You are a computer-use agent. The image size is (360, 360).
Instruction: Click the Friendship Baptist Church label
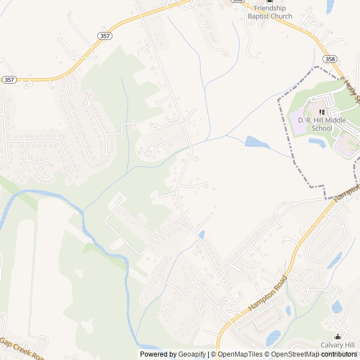tap(270, 12)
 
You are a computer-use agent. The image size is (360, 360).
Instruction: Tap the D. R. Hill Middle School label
tap(315, 124)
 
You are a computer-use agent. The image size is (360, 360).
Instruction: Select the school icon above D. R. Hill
tap(322, 112)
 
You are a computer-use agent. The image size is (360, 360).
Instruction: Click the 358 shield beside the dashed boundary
tap(330, 59)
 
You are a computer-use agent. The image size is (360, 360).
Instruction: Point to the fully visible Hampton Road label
tap(267, 294)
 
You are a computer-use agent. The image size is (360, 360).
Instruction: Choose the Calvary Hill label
tap(337, 345)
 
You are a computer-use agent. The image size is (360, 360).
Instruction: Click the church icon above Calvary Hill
tap(339, 336)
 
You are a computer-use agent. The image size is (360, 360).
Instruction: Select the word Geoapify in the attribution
tap(192, 354)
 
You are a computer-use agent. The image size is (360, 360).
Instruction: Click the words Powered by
tap(157, 354)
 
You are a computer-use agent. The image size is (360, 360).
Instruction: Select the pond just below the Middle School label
tap(316, 143)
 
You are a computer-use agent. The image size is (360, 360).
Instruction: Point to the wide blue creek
tap(84, 225)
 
